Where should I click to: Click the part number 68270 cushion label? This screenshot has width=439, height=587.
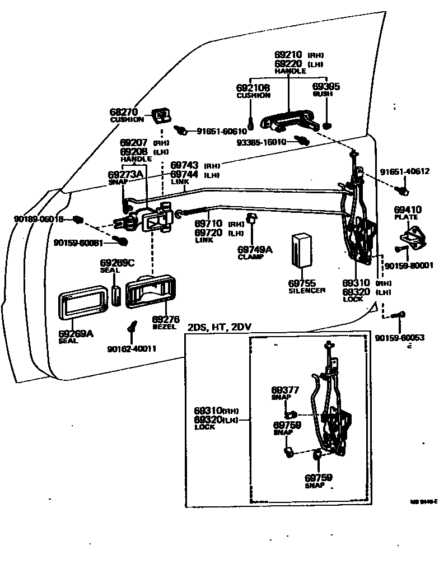(x=123, y=112)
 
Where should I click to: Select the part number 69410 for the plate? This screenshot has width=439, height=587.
(x=408, y=210)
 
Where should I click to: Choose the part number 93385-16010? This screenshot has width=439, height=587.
(x=261, y=142)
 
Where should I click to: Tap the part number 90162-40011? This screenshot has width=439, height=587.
(x=132, y=349)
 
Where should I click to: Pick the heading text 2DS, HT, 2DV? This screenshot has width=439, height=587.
(x=216, y=327)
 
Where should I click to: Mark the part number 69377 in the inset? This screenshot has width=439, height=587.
(x=285, y=390)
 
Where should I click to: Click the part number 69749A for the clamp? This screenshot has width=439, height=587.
(x=255, y=249)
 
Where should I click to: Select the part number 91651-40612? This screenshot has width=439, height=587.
(x=404, y=171)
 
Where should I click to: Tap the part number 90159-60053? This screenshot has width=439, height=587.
(x=399, y=338)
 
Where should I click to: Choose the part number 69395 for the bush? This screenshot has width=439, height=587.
(x=326, y=87)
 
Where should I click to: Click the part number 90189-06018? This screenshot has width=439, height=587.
(x=39, y=218)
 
